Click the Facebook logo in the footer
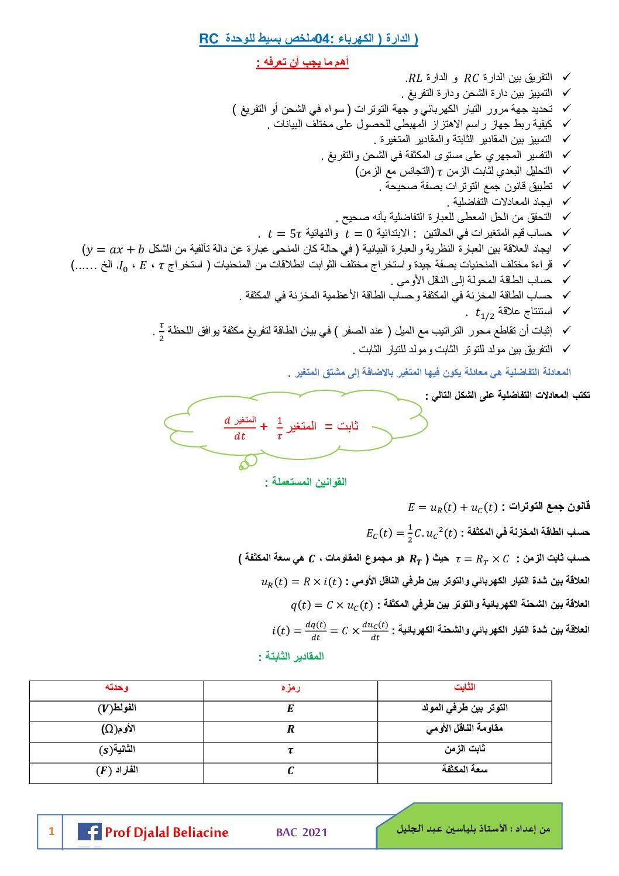(x=90, y=832)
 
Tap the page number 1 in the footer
(x=51, y=831)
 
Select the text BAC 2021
(x=301, y=832)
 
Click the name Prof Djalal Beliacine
(x=167, y=832)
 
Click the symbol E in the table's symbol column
(x=290, y=709)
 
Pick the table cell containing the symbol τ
(x=290, y=751)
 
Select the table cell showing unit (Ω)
(x=118, y=729)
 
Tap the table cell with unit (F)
(x=117, y=771)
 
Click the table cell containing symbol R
(x=290, y=730)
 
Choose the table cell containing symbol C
(x=290, y=771)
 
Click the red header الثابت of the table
(x=465, y=688)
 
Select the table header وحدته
(x=116, y=688)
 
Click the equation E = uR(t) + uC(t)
(x=453, y=507)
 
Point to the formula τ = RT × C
(x=482, y=559)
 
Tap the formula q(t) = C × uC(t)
(x=331, y=604)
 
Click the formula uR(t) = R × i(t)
(x=301, y=582)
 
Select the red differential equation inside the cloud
(x=291, y=428)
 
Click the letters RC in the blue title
(x=208, y=39)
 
